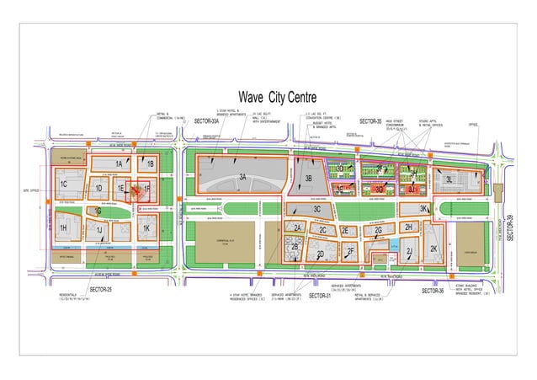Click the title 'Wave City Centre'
tap(268, 97)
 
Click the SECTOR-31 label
tap(321, 296)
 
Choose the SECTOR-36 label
tap(433, 291)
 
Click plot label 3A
tap(242, 178)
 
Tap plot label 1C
tap(63, 183)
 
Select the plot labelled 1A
tap(120, 163)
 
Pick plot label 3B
tap(309, 178)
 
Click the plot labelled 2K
tap(433, 249)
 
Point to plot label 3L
tap(450, 179)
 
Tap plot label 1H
tap(63, 227)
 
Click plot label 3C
tap(317, 208)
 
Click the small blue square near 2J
tap(394, 245)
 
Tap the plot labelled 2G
tap(379, 230)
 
